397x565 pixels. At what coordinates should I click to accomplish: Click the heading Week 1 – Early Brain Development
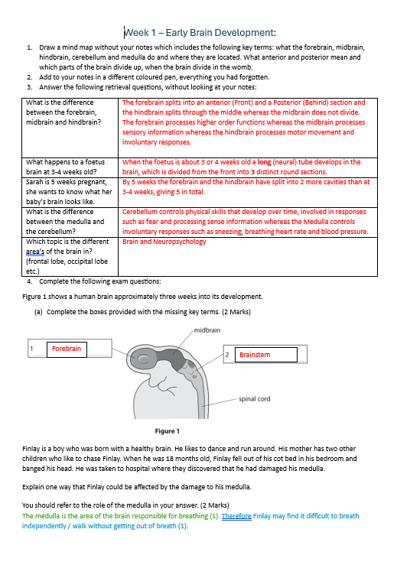coord(200,33)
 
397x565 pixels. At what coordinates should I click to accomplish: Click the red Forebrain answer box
coord(67,349)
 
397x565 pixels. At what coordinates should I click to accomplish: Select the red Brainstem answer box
coord(266,355)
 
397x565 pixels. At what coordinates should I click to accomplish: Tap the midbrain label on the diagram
coord(207,330)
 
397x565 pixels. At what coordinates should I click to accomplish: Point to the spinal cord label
coord(254,399)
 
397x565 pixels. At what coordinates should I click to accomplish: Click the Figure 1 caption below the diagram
coord(168,431)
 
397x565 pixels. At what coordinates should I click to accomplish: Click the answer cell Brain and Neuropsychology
coord(164,242)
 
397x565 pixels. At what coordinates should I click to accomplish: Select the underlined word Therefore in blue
coord(236,516)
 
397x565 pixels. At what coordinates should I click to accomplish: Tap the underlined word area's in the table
coord(35,252)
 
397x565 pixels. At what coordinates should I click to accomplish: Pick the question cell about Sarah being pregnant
coord(70,192)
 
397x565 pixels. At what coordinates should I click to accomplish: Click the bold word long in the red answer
coord(264,162)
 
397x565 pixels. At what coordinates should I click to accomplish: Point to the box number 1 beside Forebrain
coord(31,349)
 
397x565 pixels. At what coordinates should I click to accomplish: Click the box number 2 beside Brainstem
coord(227,355)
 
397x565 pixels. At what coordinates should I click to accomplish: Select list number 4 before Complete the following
coord(30,281)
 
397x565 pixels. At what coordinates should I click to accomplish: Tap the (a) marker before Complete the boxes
coord(38,312)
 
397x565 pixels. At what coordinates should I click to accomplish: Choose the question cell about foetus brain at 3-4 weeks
coord(70,167)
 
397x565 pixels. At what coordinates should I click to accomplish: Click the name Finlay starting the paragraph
coord(31,449)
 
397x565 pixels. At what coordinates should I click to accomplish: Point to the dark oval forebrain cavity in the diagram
coord(140,358)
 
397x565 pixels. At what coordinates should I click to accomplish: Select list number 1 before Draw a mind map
coord(30,47)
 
